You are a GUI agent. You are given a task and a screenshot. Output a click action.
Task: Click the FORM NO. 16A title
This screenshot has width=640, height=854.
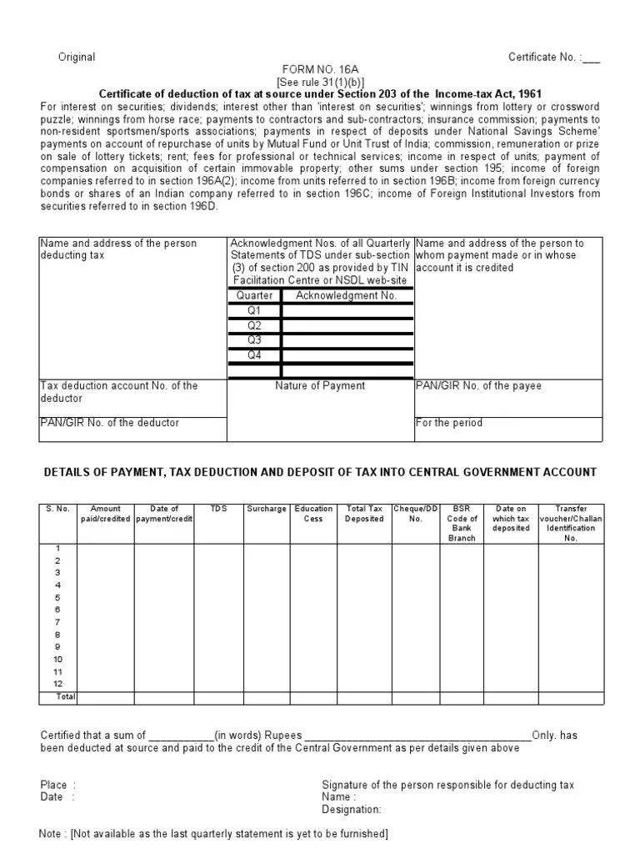pos(320,69)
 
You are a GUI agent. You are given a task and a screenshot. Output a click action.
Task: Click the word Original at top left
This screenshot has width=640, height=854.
pos(76,57)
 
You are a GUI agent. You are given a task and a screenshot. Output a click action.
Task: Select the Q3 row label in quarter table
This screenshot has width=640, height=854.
pos(254,339)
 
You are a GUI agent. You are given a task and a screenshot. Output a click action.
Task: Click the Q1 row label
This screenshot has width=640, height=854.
pos(254,309)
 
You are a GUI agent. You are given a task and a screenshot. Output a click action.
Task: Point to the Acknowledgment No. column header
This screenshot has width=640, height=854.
pos(341,295)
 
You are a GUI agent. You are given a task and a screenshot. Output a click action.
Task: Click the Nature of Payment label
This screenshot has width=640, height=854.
pos(320,386)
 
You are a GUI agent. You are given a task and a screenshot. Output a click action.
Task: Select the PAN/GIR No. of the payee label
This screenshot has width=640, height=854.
pos(477,386)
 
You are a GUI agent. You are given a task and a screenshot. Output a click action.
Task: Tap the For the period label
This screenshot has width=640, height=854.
pos(448,423)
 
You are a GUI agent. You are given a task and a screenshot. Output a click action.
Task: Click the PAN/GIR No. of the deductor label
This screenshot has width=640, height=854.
pos(109,423)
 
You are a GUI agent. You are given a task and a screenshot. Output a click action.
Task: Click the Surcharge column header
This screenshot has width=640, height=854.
pos(267,509)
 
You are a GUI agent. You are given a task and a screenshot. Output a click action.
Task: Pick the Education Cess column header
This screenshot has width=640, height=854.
pos(313,514)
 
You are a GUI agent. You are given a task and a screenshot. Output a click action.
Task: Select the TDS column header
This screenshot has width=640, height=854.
pos(218,509)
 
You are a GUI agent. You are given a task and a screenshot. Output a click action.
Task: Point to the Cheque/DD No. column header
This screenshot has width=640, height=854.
pos(416,514)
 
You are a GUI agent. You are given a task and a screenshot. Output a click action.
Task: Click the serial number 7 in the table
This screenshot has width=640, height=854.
pos(57,622)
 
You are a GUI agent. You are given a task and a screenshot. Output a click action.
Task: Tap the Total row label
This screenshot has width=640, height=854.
pos(64,696)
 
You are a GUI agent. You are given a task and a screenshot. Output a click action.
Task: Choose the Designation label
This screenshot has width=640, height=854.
pos(351,809)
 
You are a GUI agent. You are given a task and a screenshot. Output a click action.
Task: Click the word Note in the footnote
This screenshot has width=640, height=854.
pos(52,834)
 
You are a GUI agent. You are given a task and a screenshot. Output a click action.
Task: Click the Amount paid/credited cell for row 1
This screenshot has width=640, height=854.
pos(106,548)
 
